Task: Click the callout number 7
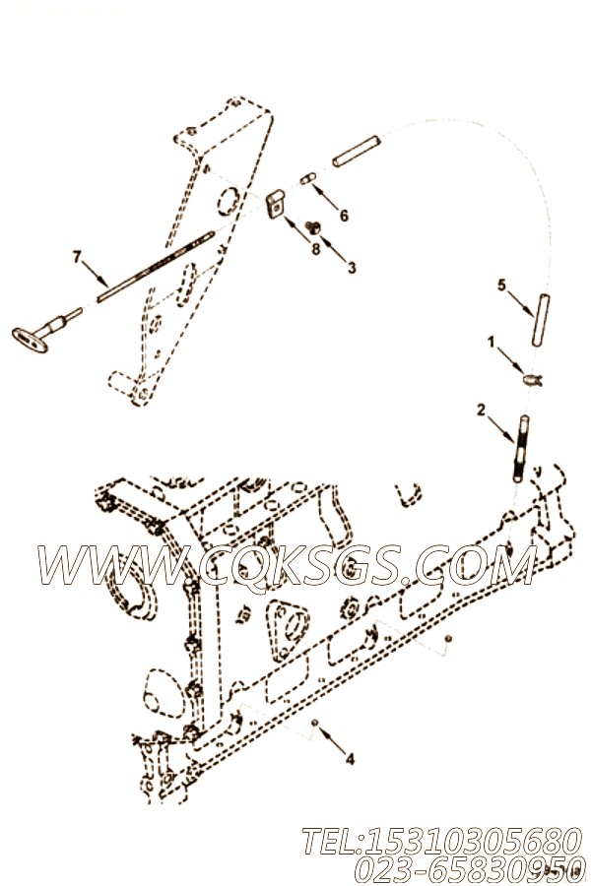coord(77,258)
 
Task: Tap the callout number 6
coord(344,216)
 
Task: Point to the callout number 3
coord(352,267)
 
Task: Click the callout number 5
coord(501,285)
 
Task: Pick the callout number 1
coord(491,342)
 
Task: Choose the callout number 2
coord(481,411)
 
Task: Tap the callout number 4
coord(350,759)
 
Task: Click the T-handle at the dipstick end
coord(30,339)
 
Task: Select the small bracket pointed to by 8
coord(276,204)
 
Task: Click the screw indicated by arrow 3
coord(313,227)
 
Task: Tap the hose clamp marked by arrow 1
coord(532,380)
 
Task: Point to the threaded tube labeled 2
coord(520,449)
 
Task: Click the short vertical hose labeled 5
coord(541,320)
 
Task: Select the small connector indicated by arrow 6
coord(307,178)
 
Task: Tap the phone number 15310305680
coord(441,842)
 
